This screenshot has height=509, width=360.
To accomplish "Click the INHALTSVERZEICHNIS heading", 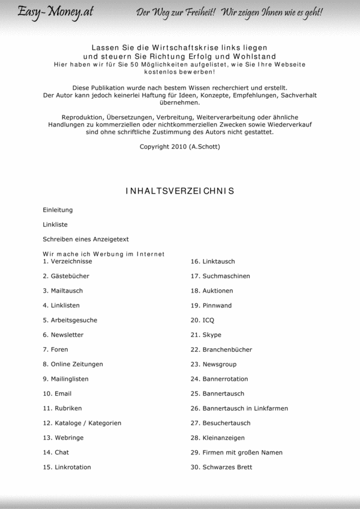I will (x=180, y=191).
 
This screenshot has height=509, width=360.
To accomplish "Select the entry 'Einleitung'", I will (x=58, y=210).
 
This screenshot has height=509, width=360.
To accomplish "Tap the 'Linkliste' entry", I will (x=55, y=225).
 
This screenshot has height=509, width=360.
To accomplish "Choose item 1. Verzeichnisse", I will (x=67, y=262).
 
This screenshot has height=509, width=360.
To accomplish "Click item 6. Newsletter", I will (x=63, y=335).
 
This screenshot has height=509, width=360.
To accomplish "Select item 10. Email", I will (x=57, y=394).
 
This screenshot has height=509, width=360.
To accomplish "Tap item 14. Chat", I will (x=56, y=453).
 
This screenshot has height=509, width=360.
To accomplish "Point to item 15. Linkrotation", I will (x=67, y=467).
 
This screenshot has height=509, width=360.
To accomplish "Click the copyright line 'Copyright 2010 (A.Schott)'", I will (x=180, y=146).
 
